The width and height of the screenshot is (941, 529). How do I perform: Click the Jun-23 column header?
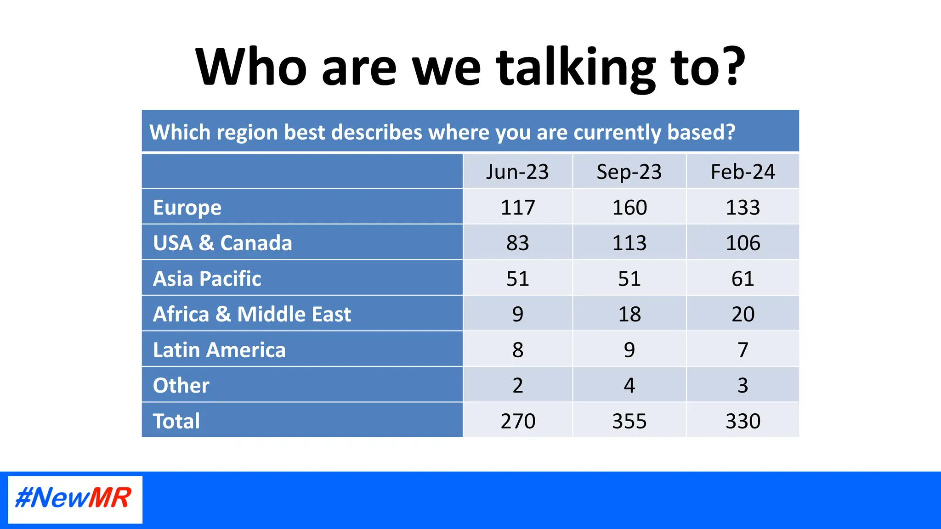click(517, 172)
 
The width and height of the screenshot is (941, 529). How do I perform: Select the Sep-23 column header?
click(629, 172)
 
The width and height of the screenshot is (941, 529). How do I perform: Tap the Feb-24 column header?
click(743, 172)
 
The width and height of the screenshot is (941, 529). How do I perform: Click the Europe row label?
click(187, 208)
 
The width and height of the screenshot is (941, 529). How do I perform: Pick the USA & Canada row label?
click(222, 243)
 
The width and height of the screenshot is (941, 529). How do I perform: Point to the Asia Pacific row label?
click(207, 279)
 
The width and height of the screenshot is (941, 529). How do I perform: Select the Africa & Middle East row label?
click(252, 314)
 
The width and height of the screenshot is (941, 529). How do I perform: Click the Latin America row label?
click(219, 350)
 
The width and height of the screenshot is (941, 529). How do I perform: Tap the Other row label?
click(181, 385)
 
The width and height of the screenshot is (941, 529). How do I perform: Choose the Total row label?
click(176, 421)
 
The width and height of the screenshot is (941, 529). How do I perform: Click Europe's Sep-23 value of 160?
click(629, 208)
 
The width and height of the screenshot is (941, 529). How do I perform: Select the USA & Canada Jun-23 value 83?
click(517, 243)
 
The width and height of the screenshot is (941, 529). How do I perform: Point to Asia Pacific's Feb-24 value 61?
click(743, 279)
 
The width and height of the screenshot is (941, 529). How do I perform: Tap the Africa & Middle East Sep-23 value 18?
click(629, 314)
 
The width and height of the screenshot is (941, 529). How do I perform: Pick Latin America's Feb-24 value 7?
click(743, 350)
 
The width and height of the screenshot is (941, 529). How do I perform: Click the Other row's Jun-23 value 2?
click(517, 385)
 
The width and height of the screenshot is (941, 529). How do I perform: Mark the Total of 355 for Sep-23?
click(629, 421)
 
